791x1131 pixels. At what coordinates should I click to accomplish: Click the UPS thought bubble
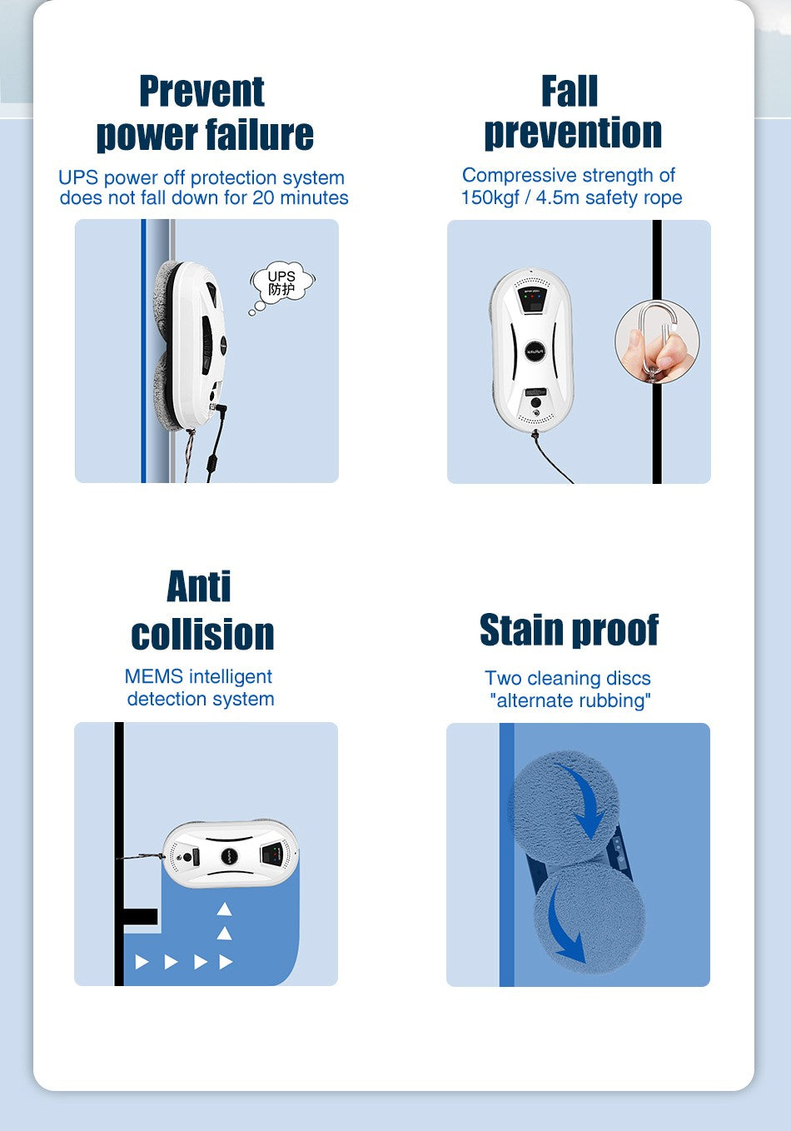click(281, 284)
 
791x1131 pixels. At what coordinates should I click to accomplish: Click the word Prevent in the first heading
click(202, 92)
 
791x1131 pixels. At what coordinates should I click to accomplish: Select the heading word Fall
click(570, 91)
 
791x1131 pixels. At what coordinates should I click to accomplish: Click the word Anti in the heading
click(199, 586)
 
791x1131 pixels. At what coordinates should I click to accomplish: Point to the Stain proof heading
click(569, 630)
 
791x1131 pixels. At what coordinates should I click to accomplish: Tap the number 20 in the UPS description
click(263, 197)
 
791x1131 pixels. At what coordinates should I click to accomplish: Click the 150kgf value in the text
click(490, 197)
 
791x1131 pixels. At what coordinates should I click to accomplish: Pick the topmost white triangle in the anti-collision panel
click(224, 909)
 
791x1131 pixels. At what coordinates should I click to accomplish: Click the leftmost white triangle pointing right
click(142, 962)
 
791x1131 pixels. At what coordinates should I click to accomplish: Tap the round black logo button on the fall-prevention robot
click(535, 350)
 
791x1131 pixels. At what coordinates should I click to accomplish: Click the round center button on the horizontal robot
click(229, 855)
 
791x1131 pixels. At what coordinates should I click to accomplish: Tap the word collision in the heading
click(202, 634)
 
